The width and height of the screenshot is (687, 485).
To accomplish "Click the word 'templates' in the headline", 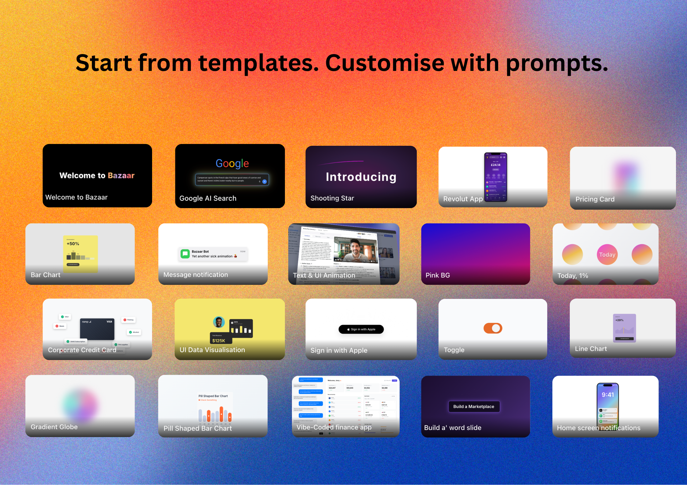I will click(259, 63).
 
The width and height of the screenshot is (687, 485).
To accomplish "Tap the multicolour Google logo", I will click(232, 164).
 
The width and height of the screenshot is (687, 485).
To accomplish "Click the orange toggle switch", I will click(493, 328).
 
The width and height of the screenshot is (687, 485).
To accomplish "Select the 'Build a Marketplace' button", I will click(474, 406).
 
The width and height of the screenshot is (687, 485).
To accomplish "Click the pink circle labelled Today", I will click(607, 255).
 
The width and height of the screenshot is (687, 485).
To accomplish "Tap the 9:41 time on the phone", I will click(608, 395).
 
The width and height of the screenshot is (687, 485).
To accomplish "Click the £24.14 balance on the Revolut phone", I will click(495, 165).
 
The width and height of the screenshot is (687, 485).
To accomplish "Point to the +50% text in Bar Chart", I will click(73, 244).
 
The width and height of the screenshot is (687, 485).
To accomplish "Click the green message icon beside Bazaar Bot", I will click(185, 254).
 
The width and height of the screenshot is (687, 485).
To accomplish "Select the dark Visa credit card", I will click(97, 329).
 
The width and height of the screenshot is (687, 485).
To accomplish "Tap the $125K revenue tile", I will click(219, 339).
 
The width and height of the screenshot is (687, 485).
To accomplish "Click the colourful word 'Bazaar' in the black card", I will click(121, 175).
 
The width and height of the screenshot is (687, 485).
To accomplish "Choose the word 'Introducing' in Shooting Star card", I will click(361, 177).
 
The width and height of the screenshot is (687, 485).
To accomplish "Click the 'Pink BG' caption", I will click(438, 275).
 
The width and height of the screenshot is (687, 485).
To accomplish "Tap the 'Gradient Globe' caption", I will click(54, 427).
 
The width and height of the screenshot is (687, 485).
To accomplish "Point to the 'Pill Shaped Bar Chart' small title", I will click(213, 396).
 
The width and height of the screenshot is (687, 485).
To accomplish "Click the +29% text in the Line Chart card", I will click(619, 320).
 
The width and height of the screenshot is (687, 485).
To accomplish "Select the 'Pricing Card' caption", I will click(595, 199).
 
